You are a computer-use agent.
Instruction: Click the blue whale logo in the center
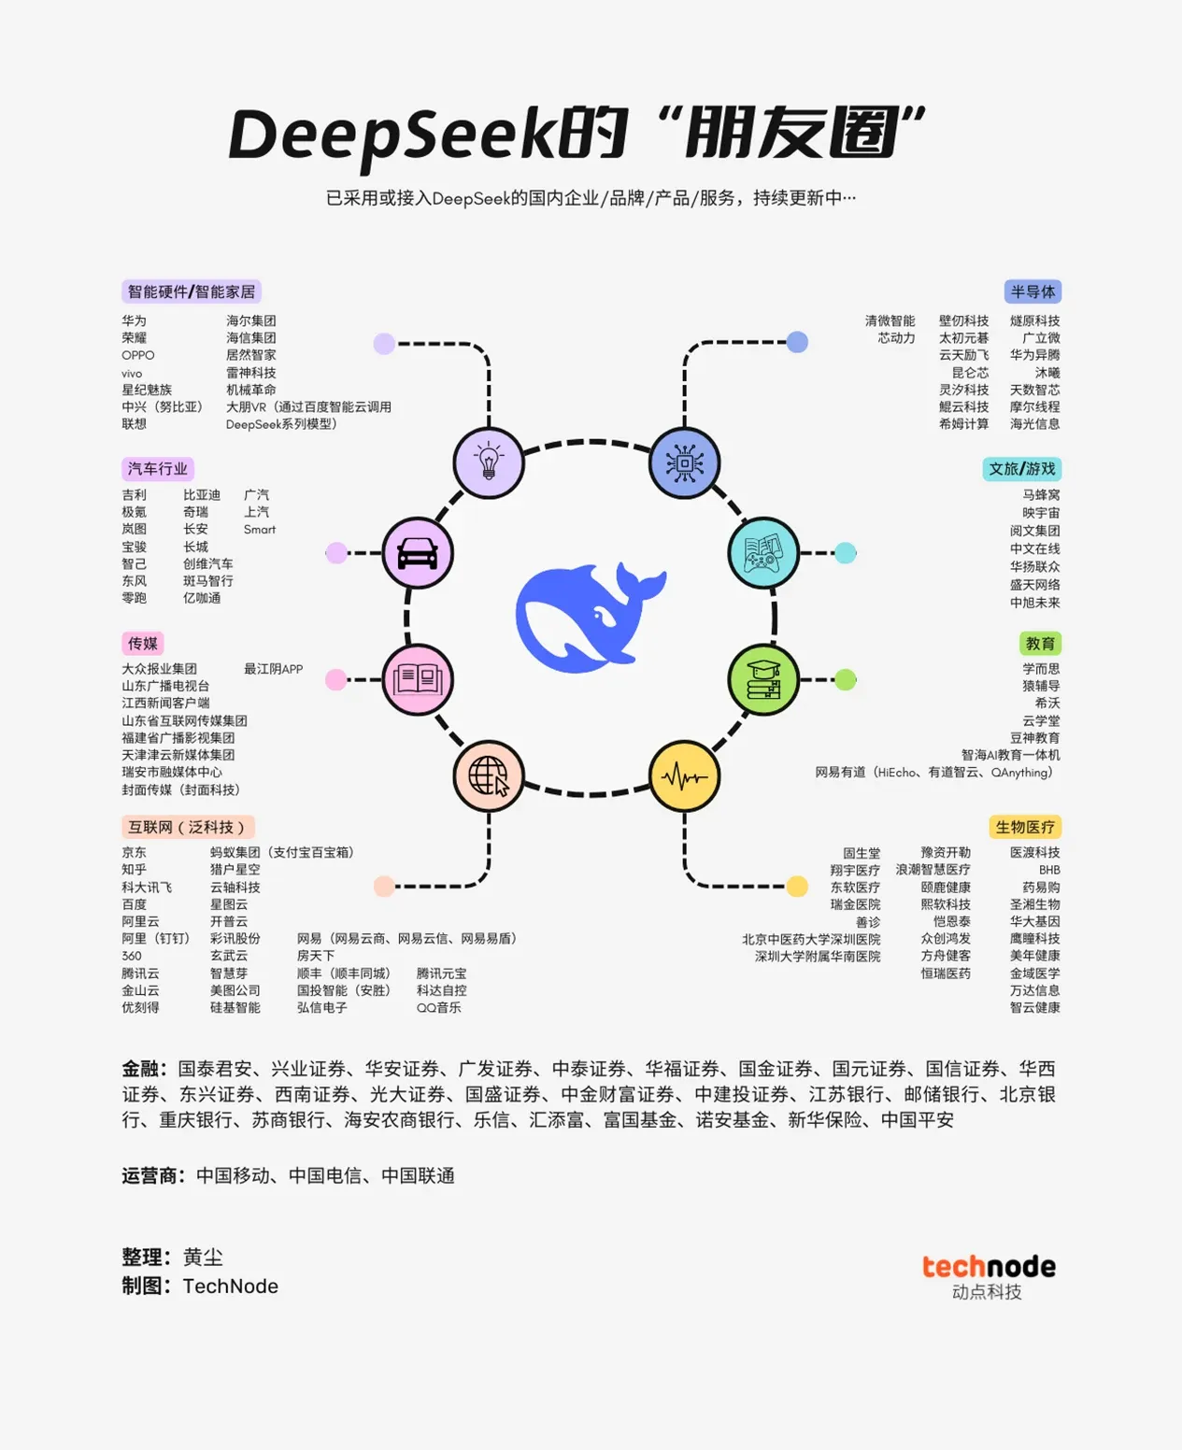point(591,617)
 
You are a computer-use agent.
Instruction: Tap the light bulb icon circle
point(489,462)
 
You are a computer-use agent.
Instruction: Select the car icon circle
point(418,553)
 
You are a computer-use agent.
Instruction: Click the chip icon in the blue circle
point(685,462)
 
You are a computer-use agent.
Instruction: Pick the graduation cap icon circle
point(763,679)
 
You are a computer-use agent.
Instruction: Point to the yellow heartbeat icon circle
point(685,776)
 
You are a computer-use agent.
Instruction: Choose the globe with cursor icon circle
point(489,776)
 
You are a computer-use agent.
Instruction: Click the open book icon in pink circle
point(418,679)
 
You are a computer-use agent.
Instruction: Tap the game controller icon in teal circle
point(763,553)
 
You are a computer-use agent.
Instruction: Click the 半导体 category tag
point(1032,291)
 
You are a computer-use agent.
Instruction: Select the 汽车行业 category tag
point(158,468)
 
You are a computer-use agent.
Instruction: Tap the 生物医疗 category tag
point(1025,827)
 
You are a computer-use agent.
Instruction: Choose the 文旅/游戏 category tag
point(1021,468)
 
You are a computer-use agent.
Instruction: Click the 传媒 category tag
point(143,643)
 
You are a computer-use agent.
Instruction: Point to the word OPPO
point(138,355)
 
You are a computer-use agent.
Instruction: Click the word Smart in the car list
point(260,530)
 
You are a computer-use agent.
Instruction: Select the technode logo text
point(989,1267)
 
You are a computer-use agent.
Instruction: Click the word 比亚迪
point(202,495)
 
